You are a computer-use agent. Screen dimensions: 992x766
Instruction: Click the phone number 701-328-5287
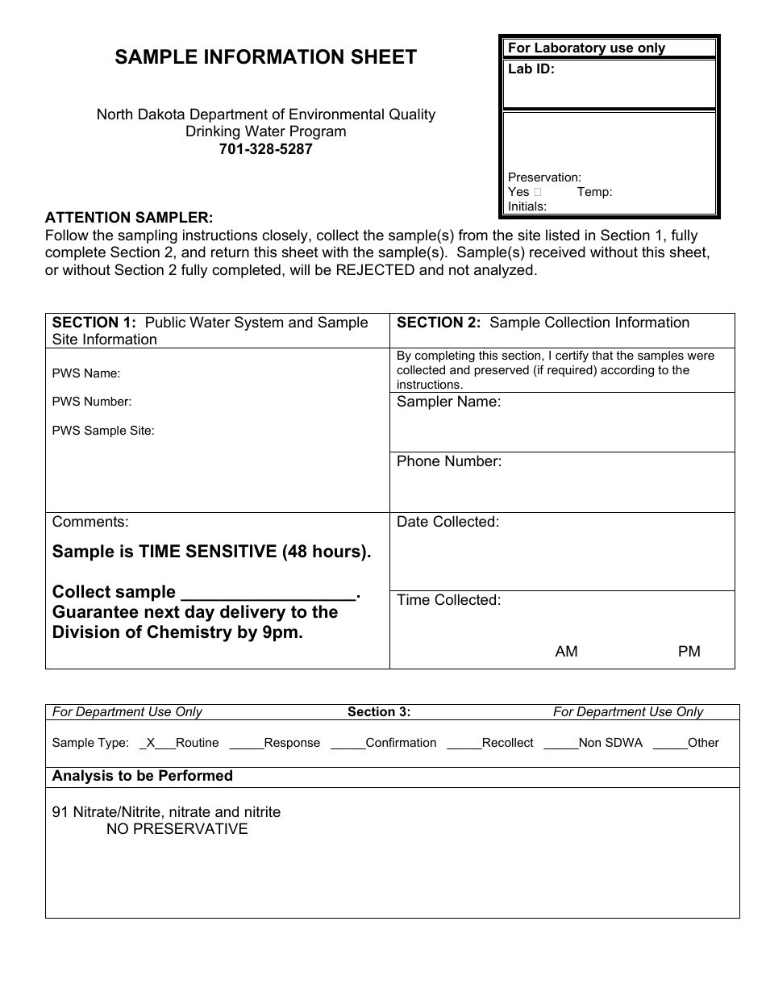[x=265, y=149]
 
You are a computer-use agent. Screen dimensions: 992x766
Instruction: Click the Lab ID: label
[x=531, y=69]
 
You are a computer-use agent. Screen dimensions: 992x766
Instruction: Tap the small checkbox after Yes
[x=538, y=192]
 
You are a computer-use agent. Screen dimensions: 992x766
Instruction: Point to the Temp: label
[x=594, y=192]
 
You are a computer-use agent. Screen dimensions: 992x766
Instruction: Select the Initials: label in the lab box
[x=527, y=206]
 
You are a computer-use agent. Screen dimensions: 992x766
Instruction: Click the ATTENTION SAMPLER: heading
[x=129, y=218]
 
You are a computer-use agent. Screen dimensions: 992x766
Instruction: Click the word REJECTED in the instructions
[x=376, y=270]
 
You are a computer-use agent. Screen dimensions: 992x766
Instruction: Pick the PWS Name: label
[x=86, y=373]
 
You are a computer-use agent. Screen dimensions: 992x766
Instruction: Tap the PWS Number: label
[x=92, y=402]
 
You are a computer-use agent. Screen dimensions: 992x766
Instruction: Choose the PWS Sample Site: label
[x=103, y=431]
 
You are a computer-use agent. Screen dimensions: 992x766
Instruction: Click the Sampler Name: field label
[x=448, y=402]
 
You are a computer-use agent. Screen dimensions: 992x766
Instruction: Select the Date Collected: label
[x=448, y=522]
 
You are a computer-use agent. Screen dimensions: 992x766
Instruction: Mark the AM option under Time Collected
[x=567, y=652]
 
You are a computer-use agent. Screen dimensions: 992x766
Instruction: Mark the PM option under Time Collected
[x=689, y=652]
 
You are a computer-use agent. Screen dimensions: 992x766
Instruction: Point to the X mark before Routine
[x=151, y=743]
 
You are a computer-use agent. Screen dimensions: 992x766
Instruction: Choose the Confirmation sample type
[x=401, y=743]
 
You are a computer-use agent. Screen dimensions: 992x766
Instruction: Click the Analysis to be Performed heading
[x=143, y=776]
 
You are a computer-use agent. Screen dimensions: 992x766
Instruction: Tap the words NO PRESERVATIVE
[x=177, y=829]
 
